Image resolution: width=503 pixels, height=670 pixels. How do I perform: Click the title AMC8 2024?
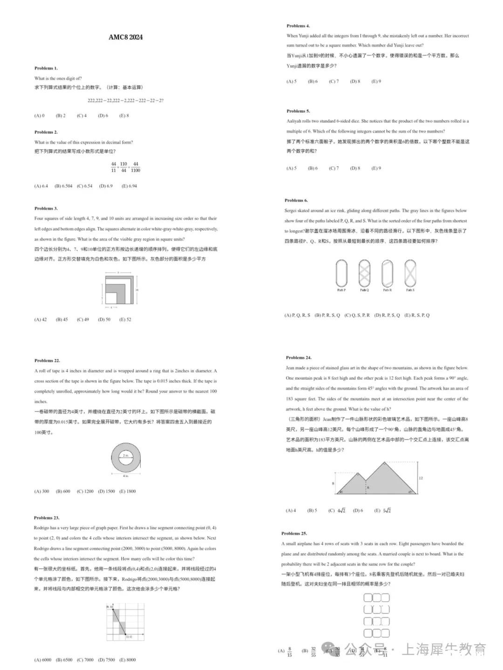(x=126, y=37)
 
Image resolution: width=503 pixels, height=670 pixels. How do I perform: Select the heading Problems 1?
(x=46, y=68)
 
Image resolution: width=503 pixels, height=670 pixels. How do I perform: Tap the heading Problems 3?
(x=46, y=208)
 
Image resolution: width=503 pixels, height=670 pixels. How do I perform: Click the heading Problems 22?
(x=47, y=361)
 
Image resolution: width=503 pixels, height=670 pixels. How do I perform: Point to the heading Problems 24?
(x=299, y=358)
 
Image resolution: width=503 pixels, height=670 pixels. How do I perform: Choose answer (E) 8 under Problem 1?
(x=124, y=116)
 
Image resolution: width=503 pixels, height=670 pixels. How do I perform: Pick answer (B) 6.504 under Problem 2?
(x=63, y=186)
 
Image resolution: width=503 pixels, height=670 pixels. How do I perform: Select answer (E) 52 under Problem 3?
(x=125, y=320)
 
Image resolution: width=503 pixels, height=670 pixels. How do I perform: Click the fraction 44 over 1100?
(x=136, y=167)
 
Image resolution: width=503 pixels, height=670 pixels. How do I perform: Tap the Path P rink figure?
(x=341, y=274)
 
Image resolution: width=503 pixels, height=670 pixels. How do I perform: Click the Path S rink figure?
(x=410, y=274)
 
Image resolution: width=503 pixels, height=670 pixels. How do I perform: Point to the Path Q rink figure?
(x=364, y=274)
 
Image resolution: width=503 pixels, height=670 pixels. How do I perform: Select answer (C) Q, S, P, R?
(x=357, y=315)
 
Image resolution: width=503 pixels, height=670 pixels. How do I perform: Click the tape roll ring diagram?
(x=126, y=458)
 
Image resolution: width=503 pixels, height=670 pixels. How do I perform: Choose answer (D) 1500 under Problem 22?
(x=107, y=491)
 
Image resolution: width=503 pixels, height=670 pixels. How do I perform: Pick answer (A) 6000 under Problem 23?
(x=43, y=660)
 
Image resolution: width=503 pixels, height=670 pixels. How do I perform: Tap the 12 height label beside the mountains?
(x=421, y=478)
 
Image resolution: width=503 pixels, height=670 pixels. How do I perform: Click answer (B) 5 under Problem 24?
(x=312, y=510)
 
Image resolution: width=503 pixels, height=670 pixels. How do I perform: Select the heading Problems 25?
(x=294, y=534)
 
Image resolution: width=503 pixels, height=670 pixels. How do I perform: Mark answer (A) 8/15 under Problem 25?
(x=285, y=651)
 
